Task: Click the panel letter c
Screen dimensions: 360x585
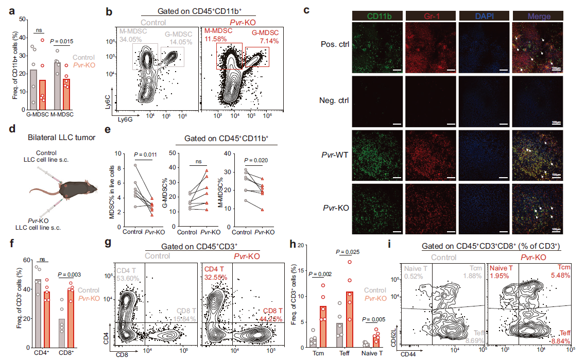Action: (307, 10)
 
